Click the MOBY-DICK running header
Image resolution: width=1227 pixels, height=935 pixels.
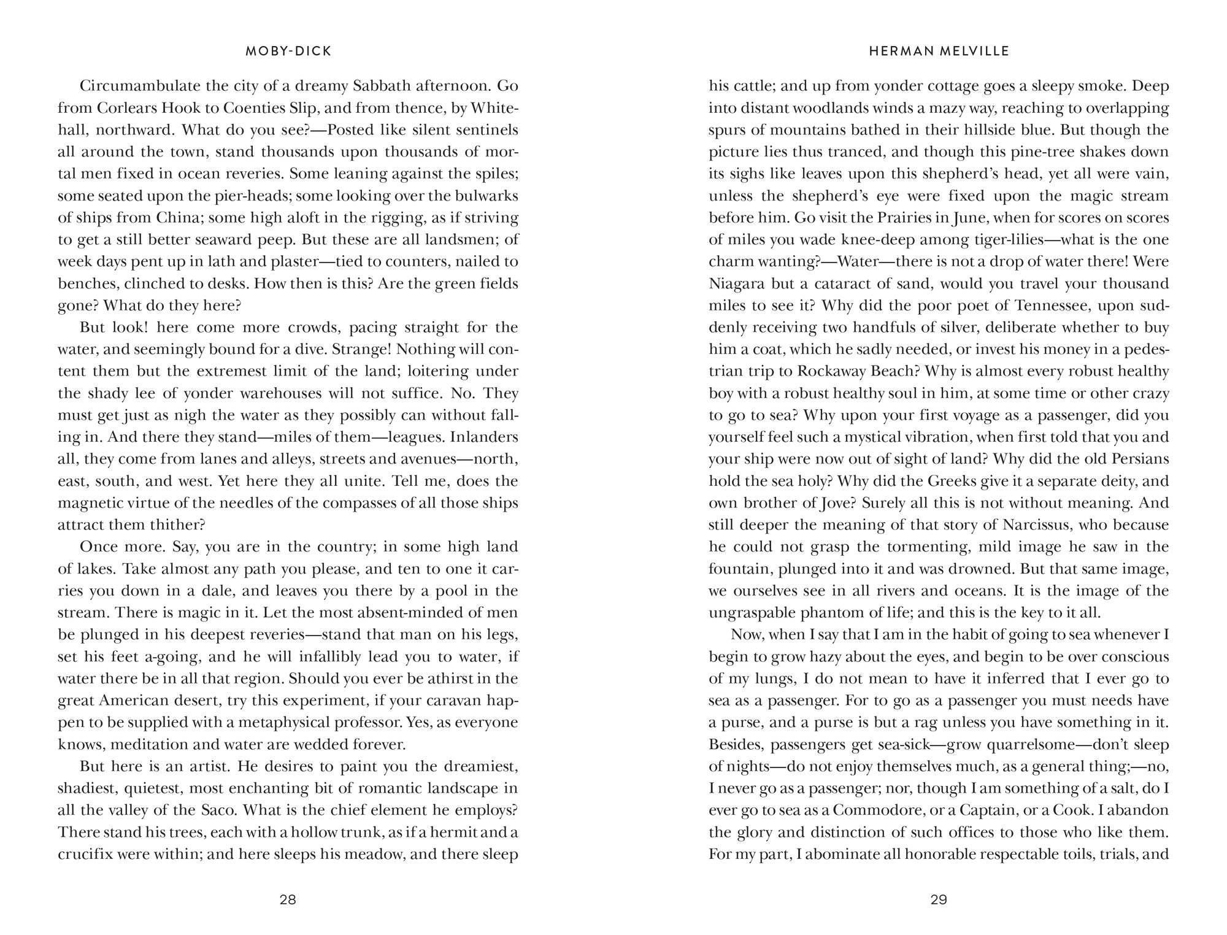(288, 52)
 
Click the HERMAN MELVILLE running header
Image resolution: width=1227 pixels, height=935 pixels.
(939, 52)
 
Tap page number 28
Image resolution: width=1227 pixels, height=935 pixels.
(288, 899)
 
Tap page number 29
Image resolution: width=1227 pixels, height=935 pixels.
(939, 899)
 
